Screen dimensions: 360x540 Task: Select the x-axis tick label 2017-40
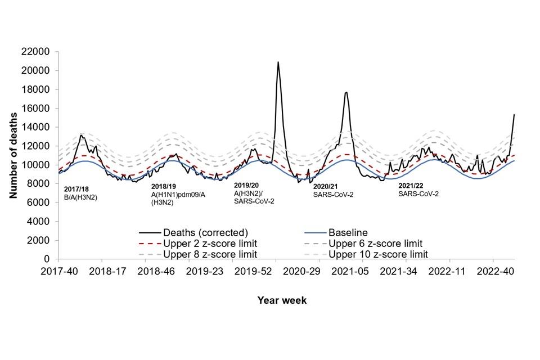(x=58, y=271)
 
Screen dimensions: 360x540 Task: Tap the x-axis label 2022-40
(x=493, y=271)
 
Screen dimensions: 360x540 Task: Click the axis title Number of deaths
(x=13, y=155)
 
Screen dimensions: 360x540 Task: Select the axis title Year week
(x=282, y=300)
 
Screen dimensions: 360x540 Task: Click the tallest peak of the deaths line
(x=278, y=62)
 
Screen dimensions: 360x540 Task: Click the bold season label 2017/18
(x=76, y=189)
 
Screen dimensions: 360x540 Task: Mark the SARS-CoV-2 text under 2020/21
(x=334, y=195)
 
